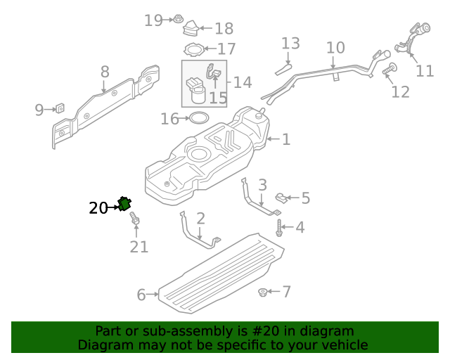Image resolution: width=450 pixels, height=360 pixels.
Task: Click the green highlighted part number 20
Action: pyautogui.click(x=125, y=204)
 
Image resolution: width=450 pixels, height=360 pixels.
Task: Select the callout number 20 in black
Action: pyautogui.click(x=98, y=208)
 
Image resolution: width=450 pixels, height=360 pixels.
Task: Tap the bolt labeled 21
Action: pyautogui.click(x=135, y=221)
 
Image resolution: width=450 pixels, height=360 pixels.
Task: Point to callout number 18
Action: pyautogui.click(x=224, y=29)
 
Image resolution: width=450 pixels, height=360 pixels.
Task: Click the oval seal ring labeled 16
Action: pyautogui.click(x=199, y=117)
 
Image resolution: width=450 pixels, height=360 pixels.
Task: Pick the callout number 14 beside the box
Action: pyautogui.click(x=242, y=82)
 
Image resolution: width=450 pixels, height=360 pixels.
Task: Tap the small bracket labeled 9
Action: pyautogui.click(x=60, y=108)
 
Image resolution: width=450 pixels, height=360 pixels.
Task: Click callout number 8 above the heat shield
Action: pyautogui.click(x=105, y=72)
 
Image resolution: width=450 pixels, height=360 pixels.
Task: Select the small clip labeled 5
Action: pyautogui.click(x=280, y=196)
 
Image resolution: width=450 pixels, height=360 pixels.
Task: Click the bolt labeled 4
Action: pyautogui.click(x=280, y=227)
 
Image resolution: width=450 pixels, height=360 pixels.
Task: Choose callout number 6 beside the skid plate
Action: pyautogui.click(x=141, y=295)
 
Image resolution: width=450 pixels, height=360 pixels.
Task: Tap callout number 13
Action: pyautogui.click(x=290, y=44)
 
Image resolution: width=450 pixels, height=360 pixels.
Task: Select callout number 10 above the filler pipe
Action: pyautogui.click(x=335, y=48)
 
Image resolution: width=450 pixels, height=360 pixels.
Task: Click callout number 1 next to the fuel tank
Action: pyautogui.click(x=285, y=139)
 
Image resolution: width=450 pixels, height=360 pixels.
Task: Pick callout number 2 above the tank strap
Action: pyautogui.click(x=200, y=218)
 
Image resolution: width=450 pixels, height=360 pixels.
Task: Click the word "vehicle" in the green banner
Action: pyautogui.click(x=344, y=345)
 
